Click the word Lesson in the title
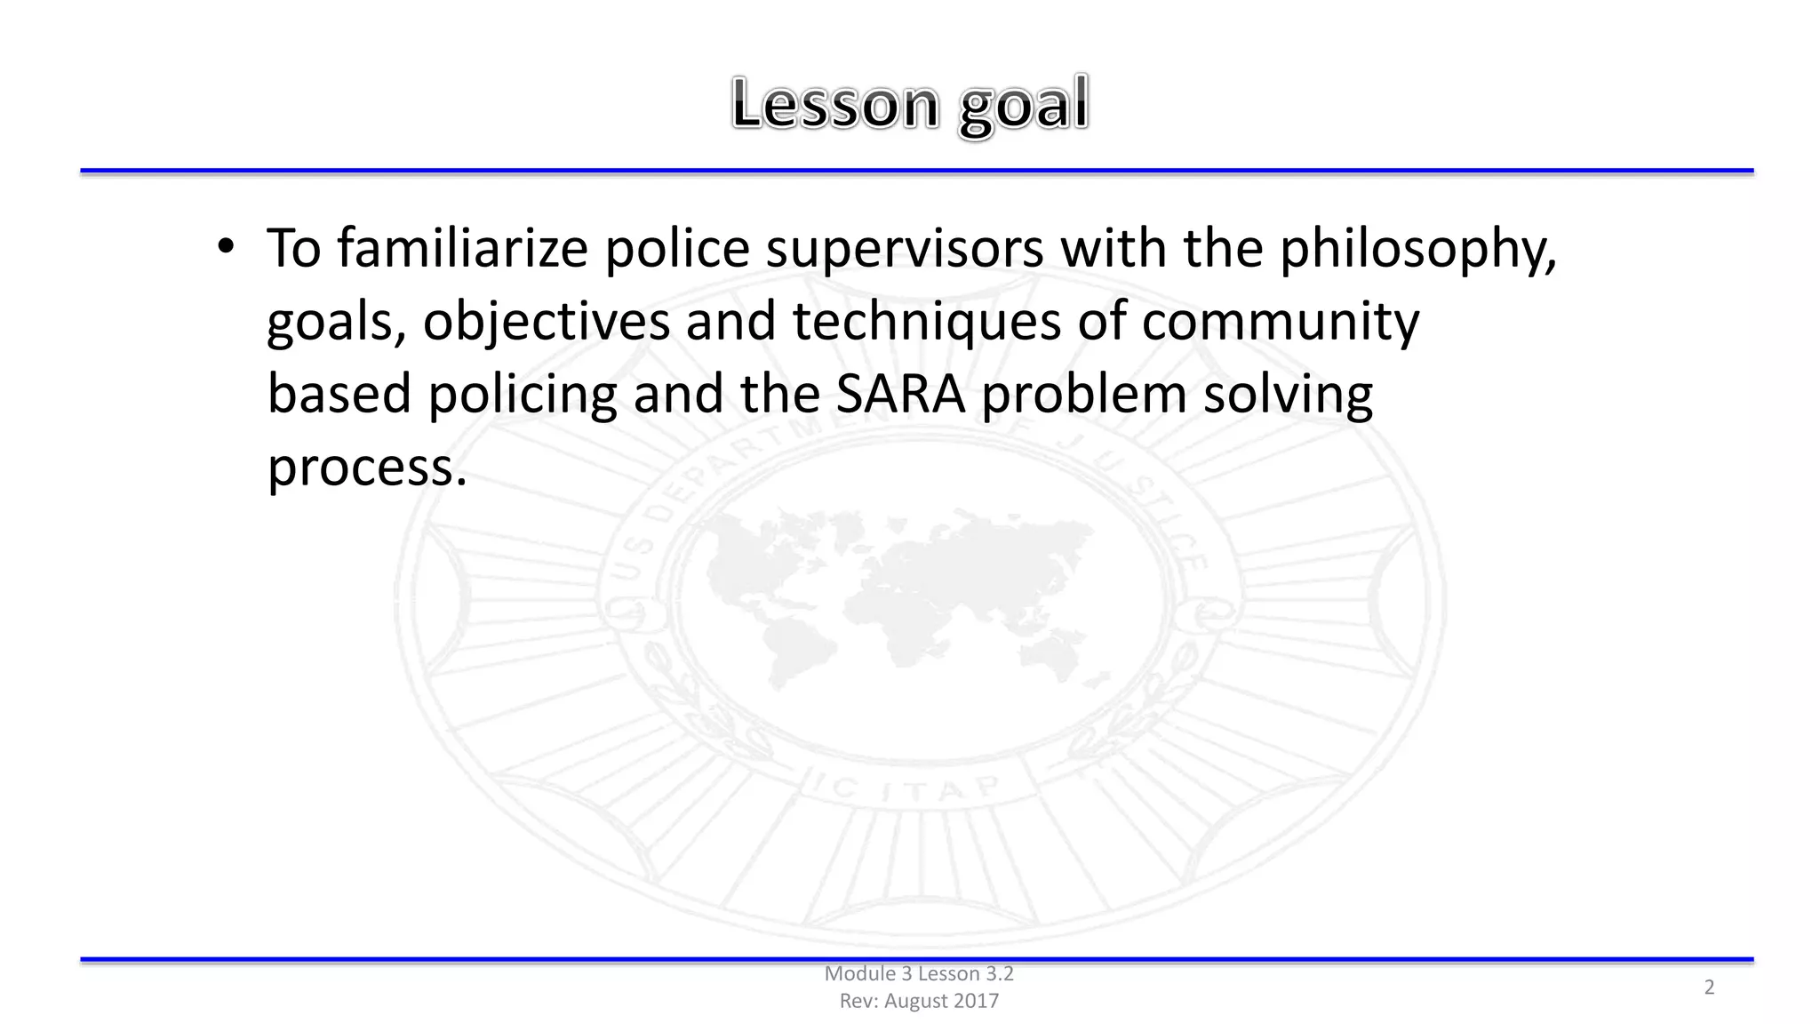[834, 105]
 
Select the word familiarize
[462, 248]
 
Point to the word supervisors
[905, 250]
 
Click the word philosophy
[1417, 250]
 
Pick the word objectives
[546, 321]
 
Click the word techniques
[927, 321]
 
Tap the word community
[1280, 321]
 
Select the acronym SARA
[900, 394]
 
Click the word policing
[522, 395]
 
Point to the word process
[366, 467]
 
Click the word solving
[1288, 395]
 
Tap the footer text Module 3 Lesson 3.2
[919, 973]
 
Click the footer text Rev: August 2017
[919, 1001]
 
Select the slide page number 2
[1708, 987]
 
